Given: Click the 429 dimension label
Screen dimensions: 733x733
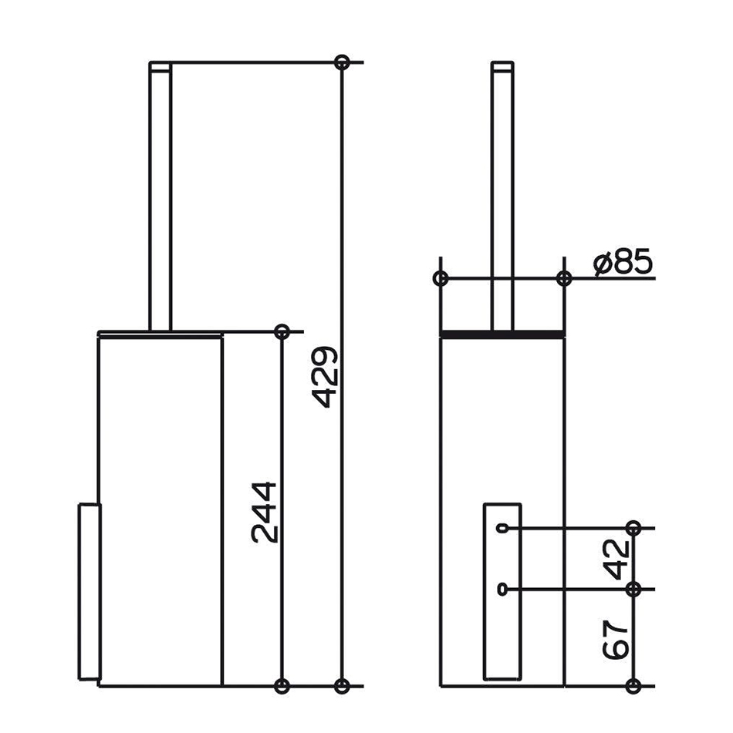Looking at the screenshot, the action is (324, 377).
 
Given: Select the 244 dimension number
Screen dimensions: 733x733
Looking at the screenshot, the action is (264, 513).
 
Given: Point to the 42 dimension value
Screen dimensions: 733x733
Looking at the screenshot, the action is (616, 559).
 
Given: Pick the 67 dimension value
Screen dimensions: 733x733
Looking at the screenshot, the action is (616, 640).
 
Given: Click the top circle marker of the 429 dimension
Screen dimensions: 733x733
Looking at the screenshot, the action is (342, 62).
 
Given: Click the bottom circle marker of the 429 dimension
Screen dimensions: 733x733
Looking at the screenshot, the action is (342, 686).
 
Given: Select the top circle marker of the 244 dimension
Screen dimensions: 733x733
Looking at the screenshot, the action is (282, 332).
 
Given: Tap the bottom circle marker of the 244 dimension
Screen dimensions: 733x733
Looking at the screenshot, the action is (282, 686).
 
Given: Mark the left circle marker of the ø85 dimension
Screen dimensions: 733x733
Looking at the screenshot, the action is (441, 278).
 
